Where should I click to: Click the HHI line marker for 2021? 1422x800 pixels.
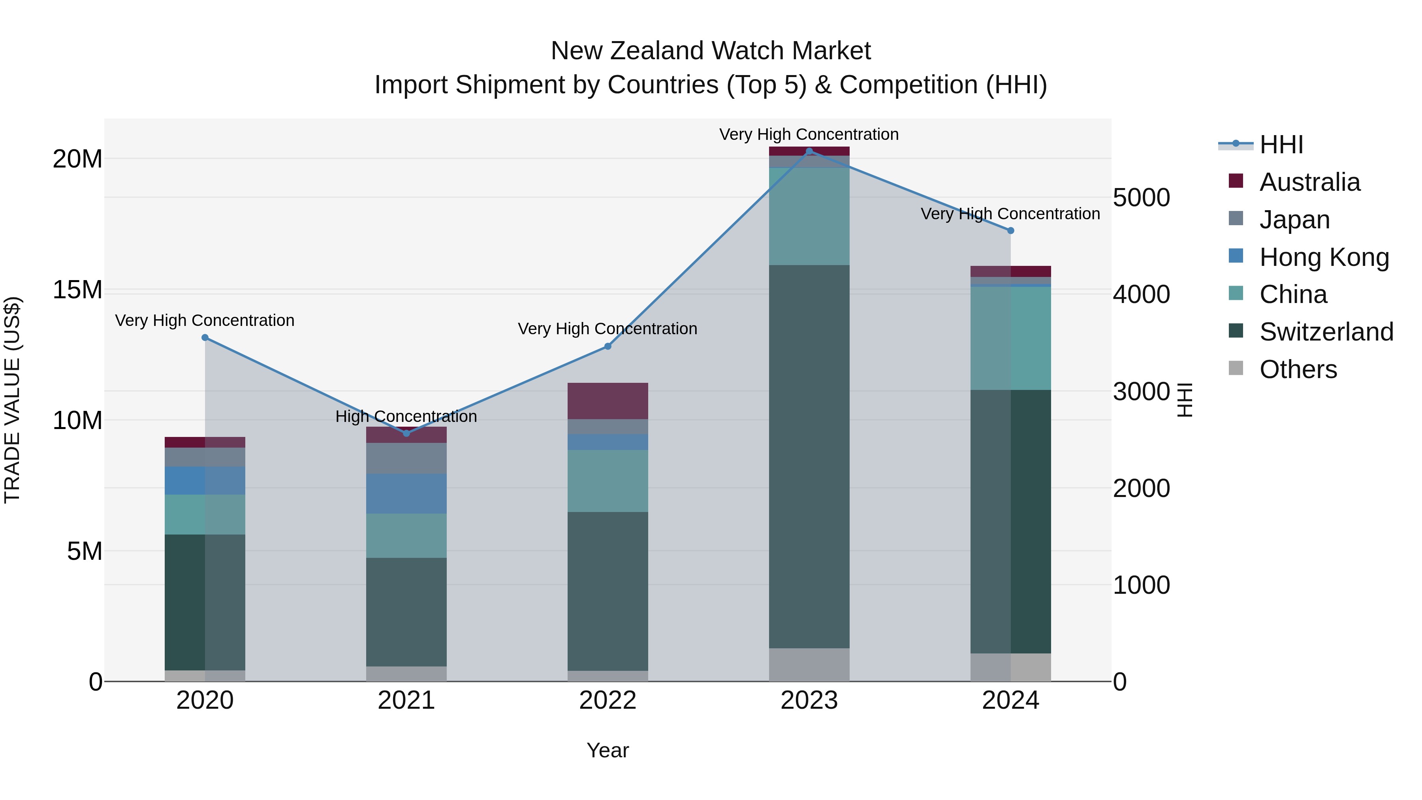[x=406, y=433]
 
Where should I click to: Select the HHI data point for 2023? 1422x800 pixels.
[x=809, y=151]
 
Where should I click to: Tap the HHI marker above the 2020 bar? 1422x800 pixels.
[x=205, y=337]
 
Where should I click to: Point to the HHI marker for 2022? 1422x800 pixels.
[x=608, y=346]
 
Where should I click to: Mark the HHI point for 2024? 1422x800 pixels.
[x=1011, y=231]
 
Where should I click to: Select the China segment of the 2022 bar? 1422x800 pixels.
[x=608, y=480]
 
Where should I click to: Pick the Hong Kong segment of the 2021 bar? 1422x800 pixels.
[x=406, y=493]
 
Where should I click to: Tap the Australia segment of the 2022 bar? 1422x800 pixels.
[x=608, y=401]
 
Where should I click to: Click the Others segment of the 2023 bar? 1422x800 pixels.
[x=809, y=665]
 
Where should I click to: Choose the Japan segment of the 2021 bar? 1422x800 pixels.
[x=406, y=458]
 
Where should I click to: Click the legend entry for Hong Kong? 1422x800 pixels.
[x=1324, y=257]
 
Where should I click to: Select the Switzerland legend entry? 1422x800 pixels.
[x=1326, y=332]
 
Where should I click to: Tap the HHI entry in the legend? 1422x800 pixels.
[x=1281, y=145]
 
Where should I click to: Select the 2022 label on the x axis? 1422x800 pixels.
[x=608, y=700]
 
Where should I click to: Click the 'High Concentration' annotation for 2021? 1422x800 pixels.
[x=406, y=416]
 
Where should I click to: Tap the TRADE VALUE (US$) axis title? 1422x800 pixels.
[x=12, y=400]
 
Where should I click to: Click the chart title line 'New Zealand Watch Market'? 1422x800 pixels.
[x=711, y=51]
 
